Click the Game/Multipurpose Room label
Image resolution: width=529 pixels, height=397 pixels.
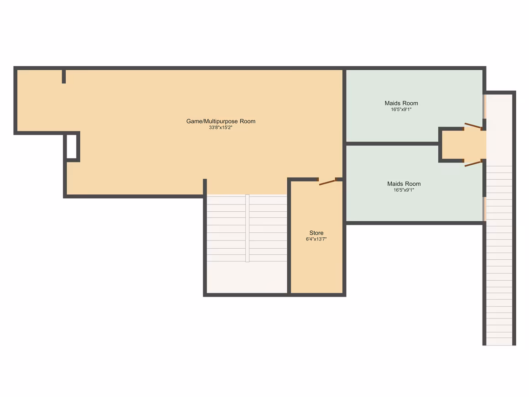click(x=221, y=121)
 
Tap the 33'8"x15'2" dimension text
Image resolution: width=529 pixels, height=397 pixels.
click(x=221, y=128)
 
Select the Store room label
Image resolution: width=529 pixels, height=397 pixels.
click(x=316, y=233)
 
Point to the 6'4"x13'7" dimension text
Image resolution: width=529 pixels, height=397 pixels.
click(x=316, y=239)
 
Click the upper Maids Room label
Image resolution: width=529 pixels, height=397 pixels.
click(x=401, y=103)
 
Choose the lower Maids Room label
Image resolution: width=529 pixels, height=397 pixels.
click(x=404, y=184)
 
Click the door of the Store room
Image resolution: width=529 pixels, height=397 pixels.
click(x=327, y=182)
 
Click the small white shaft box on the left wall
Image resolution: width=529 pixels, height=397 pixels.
click(x=72, y=146)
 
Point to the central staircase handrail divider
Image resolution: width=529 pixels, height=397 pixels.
click(x=247, y=228)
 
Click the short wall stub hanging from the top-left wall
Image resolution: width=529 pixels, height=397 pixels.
click(x=64, y=76)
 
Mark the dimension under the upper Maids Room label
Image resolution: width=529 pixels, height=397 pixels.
click(x=401, y=110)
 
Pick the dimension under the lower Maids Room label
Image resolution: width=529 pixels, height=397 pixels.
click(x=404, y=190)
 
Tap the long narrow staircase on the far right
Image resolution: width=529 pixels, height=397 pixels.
click(x=499, y=219)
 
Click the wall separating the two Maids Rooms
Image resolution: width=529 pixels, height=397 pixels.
click(x=392, y=144)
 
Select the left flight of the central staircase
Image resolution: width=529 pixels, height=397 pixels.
click(x=226, y=228)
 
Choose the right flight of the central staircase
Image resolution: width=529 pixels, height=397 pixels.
click(x=268, y=228)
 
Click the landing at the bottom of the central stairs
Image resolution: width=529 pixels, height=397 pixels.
click(x=247, y=277)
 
